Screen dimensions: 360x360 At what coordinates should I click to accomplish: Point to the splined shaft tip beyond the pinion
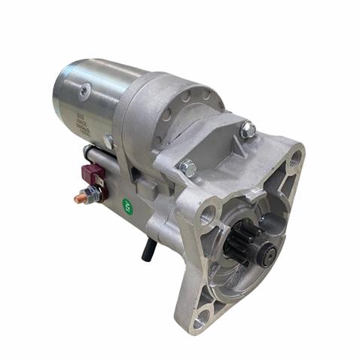(264, 255)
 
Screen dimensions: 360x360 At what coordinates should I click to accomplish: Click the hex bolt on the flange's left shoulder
(187, 167)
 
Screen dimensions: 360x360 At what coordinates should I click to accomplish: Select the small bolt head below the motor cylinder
(110, 140)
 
